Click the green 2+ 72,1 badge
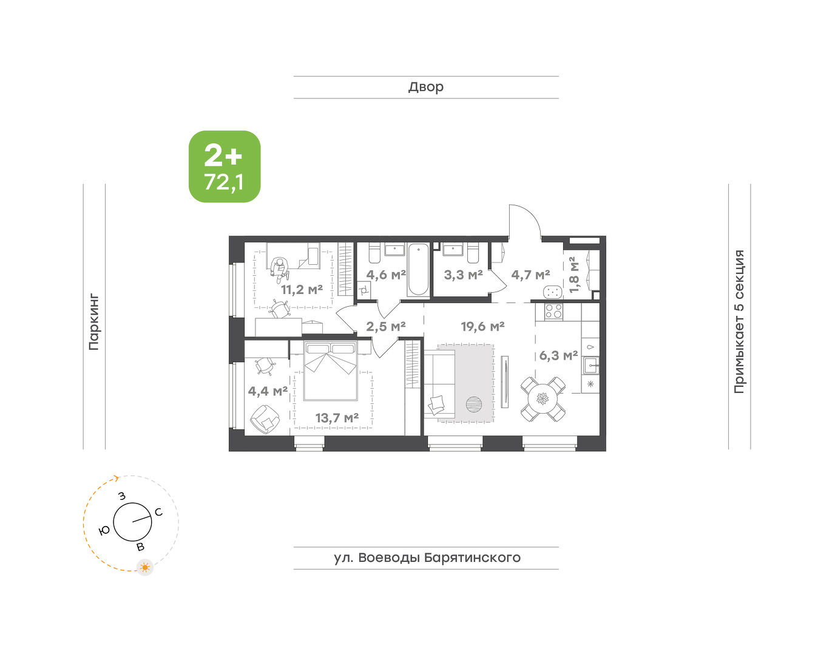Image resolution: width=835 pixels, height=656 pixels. [225, 166]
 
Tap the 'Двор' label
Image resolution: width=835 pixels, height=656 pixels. [426, 87]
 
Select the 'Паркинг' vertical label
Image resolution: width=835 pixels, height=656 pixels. [94, 323]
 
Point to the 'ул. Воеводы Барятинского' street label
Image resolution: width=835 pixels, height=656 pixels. [427, 558]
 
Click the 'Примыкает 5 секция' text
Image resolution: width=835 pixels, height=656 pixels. [739, 321]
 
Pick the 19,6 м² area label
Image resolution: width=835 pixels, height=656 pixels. [482, 326]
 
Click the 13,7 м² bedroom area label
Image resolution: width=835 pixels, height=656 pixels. [337, 418]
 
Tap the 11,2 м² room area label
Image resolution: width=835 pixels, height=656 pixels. [302, 290]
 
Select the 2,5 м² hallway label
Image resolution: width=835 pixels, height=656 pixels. [386, 326]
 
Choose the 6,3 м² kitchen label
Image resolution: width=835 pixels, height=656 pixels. [558, 355]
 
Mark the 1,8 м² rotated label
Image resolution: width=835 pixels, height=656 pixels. [573, 275]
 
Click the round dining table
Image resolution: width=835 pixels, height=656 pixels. [543, 398]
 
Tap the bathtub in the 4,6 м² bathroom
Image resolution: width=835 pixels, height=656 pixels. [419, 269]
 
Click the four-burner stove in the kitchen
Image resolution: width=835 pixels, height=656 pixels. [553, 311]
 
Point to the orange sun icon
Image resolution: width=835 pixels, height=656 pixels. [145, 567]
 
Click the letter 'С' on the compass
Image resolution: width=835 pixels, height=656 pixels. [158, 512]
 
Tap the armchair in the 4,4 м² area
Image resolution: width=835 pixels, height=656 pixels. [265, 420]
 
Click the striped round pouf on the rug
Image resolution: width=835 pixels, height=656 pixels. [474, 404]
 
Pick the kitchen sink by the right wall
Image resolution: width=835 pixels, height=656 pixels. [590, 365]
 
